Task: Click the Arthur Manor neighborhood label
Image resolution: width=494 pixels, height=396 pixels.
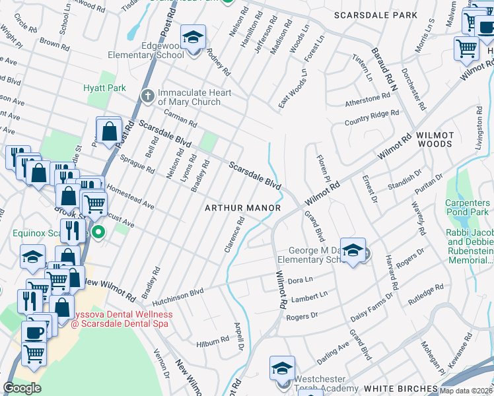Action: point(242,208)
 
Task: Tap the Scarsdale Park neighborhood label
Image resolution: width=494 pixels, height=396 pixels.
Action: point(375,15)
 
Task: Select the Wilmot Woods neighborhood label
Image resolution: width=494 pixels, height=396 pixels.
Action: point(435,139)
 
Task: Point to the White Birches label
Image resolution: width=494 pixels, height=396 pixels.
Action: point(402,389)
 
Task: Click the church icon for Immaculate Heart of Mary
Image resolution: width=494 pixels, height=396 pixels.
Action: point(147,97)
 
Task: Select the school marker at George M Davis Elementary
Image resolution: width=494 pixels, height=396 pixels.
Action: point(353,250)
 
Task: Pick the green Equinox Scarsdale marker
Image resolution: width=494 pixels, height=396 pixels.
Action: point(98,232)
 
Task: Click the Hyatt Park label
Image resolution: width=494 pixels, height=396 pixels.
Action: point(104,88)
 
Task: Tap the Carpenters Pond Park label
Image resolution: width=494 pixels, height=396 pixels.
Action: point(467,207)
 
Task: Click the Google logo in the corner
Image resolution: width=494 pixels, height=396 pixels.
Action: point(22,387)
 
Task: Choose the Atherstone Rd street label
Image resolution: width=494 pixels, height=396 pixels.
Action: point(367,100)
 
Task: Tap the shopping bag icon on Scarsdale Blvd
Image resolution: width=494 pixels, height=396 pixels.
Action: point(108,131)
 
